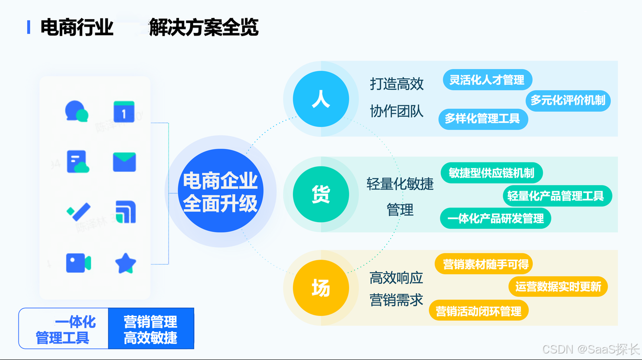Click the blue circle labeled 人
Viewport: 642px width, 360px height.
321,99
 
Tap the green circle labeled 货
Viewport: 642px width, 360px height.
321,194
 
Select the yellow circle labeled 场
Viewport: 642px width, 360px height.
321,288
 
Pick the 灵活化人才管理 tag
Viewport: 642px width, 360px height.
487,80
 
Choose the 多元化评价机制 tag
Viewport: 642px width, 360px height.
568,100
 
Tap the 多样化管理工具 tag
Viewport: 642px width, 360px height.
483,119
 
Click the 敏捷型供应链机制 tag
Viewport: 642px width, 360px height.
492,173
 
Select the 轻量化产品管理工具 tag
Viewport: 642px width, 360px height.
556,196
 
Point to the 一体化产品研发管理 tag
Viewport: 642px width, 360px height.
496,219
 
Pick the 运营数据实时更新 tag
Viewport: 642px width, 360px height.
558,287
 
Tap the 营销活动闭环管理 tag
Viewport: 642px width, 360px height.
478,311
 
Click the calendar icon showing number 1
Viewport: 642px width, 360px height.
124,112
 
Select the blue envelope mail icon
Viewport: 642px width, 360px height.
124,162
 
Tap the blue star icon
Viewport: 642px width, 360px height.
125,263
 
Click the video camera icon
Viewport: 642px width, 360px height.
78,263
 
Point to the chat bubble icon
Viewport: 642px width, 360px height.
76,111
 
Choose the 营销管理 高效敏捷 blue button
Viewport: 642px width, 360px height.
151,329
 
